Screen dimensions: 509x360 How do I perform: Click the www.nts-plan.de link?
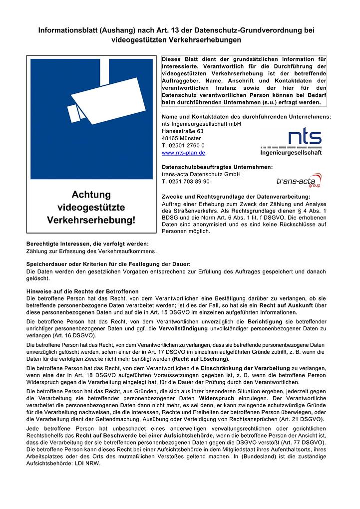click(183, 153)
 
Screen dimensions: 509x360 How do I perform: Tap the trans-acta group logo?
click(299, 180)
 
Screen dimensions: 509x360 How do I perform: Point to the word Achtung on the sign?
click(91, 195)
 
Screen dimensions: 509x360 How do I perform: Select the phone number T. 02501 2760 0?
click(183, 145)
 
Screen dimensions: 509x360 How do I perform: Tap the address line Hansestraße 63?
click(183, 131)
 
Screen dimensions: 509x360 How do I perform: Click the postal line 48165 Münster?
click(181, 138)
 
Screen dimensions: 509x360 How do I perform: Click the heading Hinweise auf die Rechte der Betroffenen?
click(82, 291)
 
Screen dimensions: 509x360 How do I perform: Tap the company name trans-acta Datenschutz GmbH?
click(201, 174)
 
